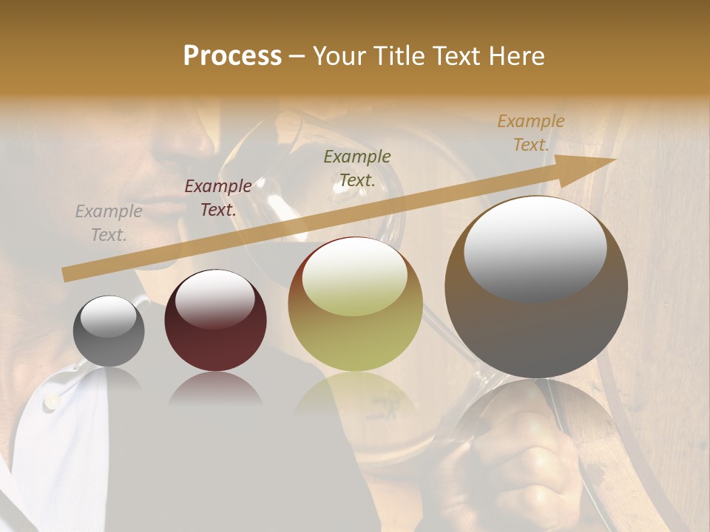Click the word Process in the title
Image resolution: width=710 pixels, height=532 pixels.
[x=232, y=56]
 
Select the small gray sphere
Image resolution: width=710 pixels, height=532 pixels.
[x=109, y=331]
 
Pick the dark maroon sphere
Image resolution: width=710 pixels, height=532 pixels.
[x=215, y=321]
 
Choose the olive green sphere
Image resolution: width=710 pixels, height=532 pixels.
[x=356, y=304]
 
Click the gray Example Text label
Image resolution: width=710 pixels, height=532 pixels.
[x=109, y=223]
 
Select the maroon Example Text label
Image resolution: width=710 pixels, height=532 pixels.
[x=218, y=198]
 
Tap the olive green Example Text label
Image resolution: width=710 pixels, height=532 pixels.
[x=357, y=168]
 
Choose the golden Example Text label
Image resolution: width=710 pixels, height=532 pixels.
[x=531, y=133]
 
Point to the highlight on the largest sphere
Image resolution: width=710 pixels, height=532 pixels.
[x=535, y=248]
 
